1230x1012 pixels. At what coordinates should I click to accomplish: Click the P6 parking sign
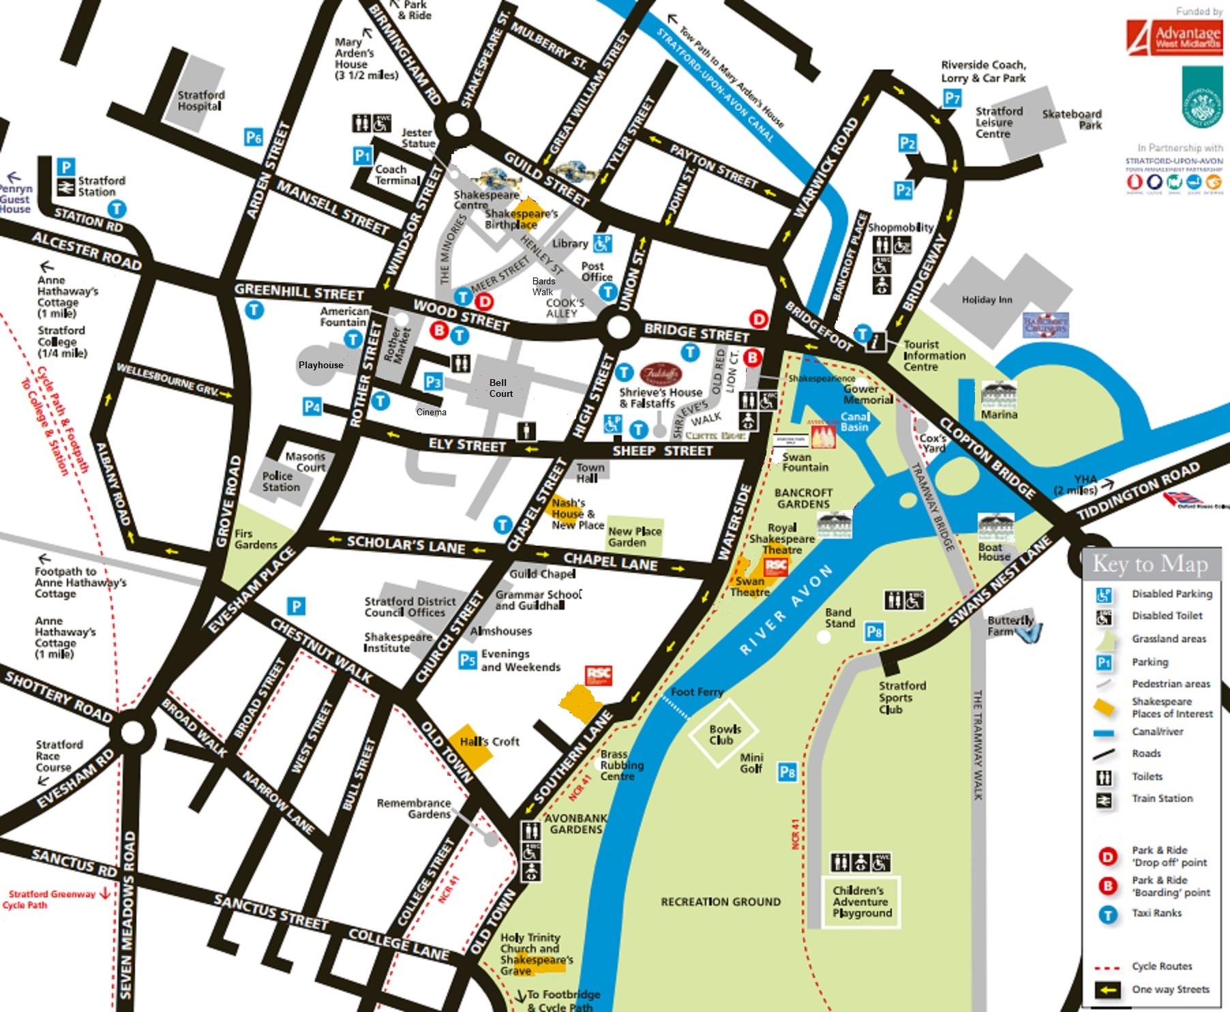(x=253, y=138)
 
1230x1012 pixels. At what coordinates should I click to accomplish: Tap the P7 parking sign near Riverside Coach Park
(x=952, y=98)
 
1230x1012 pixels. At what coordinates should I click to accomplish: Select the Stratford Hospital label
(x=200, y=100)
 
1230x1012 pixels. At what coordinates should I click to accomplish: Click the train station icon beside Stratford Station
(x=65, y=187)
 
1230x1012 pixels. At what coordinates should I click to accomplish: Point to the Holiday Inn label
(x=987, y=299)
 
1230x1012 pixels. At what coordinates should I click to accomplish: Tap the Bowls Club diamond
(x=724, y=734)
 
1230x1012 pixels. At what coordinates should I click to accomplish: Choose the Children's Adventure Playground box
(x=862, y=902)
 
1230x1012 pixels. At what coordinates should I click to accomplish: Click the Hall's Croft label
(x=489, y=741)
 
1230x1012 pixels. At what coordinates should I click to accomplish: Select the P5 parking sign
(x=467, y=659)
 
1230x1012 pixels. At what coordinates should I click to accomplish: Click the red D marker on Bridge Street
(x=758, y=318)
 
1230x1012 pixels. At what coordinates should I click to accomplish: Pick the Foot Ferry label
(x=696, y=691)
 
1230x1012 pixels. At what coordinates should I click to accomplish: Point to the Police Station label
(x=281, y=481)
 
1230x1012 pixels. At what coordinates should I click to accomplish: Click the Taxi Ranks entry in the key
(x=1156, y=912)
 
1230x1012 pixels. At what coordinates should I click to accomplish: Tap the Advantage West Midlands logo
(x=1173, y=37)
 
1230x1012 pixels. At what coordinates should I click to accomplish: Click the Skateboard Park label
(x=1072, y=119)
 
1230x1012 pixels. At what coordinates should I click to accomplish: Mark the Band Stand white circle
(x=824, y=637)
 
